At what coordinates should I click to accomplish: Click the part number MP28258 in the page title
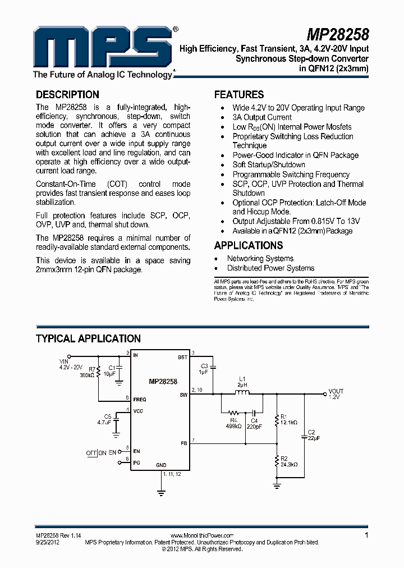(x=338, y=35)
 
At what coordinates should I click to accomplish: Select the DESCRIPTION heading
(x=67, y=94)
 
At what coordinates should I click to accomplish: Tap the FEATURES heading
(x=239, y=94)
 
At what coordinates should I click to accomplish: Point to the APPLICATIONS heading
(x=249, y=245)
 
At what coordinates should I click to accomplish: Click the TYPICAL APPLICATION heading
(x=88, y=338)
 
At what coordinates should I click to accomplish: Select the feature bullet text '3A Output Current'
(x=262, y=117)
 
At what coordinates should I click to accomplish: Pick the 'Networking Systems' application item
(x=260, y=259)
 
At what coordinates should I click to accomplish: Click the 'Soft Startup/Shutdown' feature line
(x=269, y=165)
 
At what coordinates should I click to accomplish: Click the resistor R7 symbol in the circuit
(x=99, y=372)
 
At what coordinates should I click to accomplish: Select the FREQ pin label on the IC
(x=140, y=400)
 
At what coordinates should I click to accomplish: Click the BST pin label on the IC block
(x=183, y=357)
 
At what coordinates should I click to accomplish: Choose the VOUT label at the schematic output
(x=336, y=391)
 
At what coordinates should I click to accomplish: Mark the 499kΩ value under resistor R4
(x=233, y=426)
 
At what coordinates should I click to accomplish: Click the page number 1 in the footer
(x=366, y=535)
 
